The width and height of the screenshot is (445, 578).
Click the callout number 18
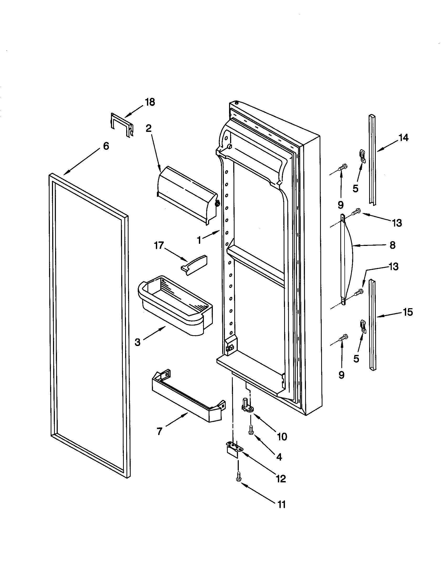150,102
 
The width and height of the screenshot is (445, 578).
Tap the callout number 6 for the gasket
106,146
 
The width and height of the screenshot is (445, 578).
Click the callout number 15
408,312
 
